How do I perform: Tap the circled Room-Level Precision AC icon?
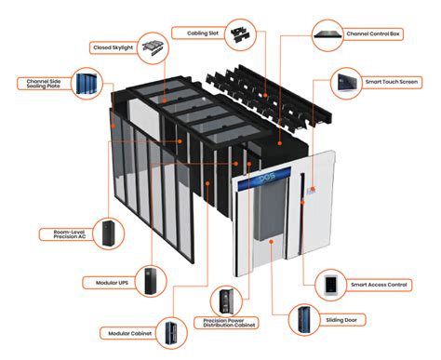coord(112,231)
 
